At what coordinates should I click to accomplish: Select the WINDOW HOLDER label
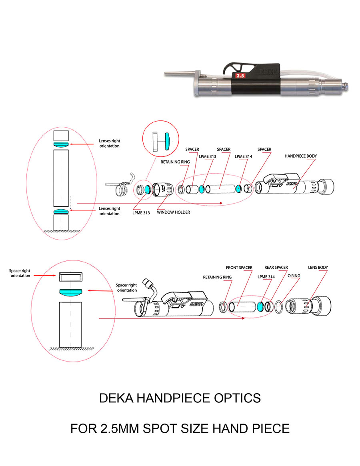[174, 212]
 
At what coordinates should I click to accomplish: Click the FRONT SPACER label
[239, 268]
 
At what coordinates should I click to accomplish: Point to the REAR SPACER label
[276, 268]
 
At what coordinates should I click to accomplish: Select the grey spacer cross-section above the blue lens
[70, 276]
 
